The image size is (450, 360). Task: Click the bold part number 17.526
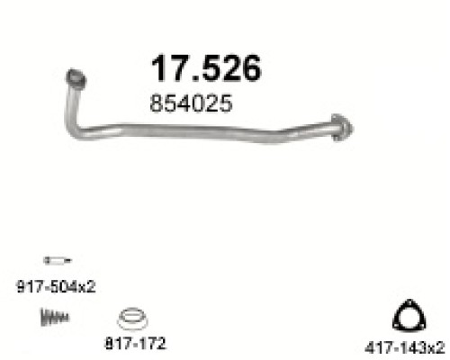click(x=206, y=67)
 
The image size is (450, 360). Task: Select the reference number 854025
click(x=191, y=103)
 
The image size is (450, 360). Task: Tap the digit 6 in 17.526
click(x=250, y=68)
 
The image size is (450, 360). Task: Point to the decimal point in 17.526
click(x=196, y=78)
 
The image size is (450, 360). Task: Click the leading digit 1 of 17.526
click(x=159, y=68)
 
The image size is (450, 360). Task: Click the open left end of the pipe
click(x=76, y=77)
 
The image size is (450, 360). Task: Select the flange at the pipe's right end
click(x=342, y=128)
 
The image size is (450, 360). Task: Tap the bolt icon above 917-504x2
click(x=58, y=260)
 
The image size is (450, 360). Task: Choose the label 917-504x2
click(x=56, y=286)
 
